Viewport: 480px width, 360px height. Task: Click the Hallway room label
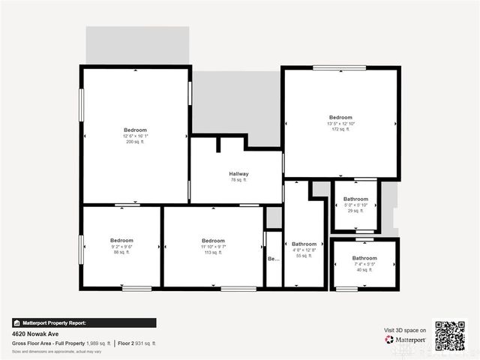click(x=238, y=174)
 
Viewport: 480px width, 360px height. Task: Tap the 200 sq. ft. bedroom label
click(x=136, y=130)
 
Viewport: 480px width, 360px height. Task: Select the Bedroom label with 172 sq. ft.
click(x=340, y=118)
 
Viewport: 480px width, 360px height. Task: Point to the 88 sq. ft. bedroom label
click(x=121, y=241)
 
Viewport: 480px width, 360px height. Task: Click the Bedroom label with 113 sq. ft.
click(x=213, y=241)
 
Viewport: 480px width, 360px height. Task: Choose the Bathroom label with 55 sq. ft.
click(x=304, y=244)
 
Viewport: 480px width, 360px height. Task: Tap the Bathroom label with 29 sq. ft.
click(x=355, y=199)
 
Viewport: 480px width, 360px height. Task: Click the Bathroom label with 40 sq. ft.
click(x=364, y=259)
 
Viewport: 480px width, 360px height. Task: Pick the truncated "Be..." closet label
click(x=273, y=259)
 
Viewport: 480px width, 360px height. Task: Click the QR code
click(x=450, y=335)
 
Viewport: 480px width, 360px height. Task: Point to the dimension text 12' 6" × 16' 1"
click(x=136, y=136)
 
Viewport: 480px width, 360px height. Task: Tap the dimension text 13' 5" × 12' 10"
click(x=340, y=124)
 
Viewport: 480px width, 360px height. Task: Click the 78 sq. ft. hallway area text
click(x=238, y=180)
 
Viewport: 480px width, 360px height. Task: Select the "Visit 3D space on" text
click(x=405, y=330)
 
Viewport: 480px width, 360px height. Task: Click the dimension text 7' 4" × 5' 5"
click(x=364, y=264)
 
